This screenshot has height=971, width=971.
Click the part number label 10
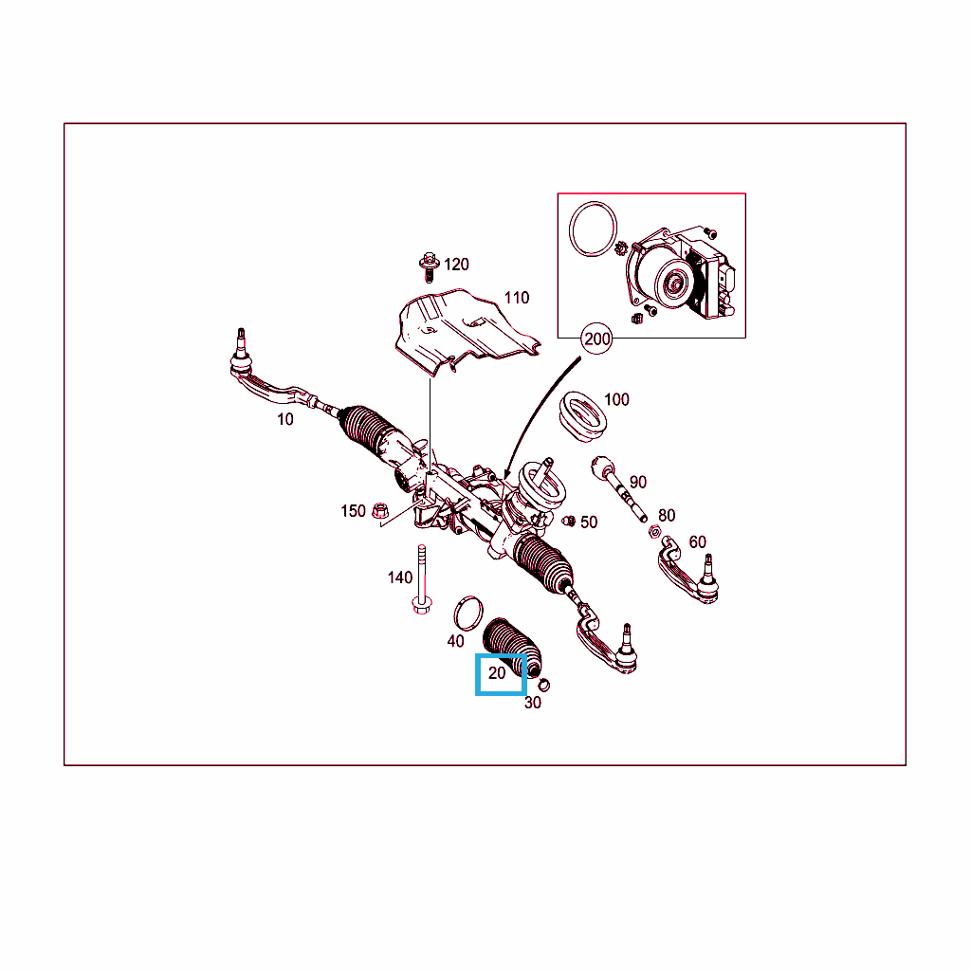(284, 419)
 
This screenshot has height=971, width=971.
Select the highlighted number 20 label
(497, 673)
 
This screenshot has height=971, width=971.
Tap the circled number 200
(596, 339)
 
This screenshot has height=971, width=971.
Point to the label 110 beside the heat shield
(517, 298)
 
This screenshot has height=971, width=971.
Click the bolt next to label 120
(428, 266)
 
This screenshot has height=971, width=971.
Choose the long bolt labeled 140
(422, 579)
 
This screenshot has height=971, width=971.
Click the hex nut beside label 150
(379, 511)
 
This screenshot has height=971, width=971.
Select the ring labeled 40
(468, 614)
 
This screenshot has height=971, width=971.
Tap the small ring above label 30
(543, 685)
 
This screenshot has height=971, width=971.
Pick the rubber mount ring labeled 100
(583, 416)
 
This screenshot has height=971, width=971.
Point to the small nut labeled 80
(654, 531)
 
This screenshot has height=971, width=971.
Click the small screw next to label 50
(569, 521)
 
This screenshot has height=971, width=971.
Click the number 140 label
(399, 577)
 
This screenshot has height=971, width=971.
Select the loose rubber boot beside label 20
(513, 647)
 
